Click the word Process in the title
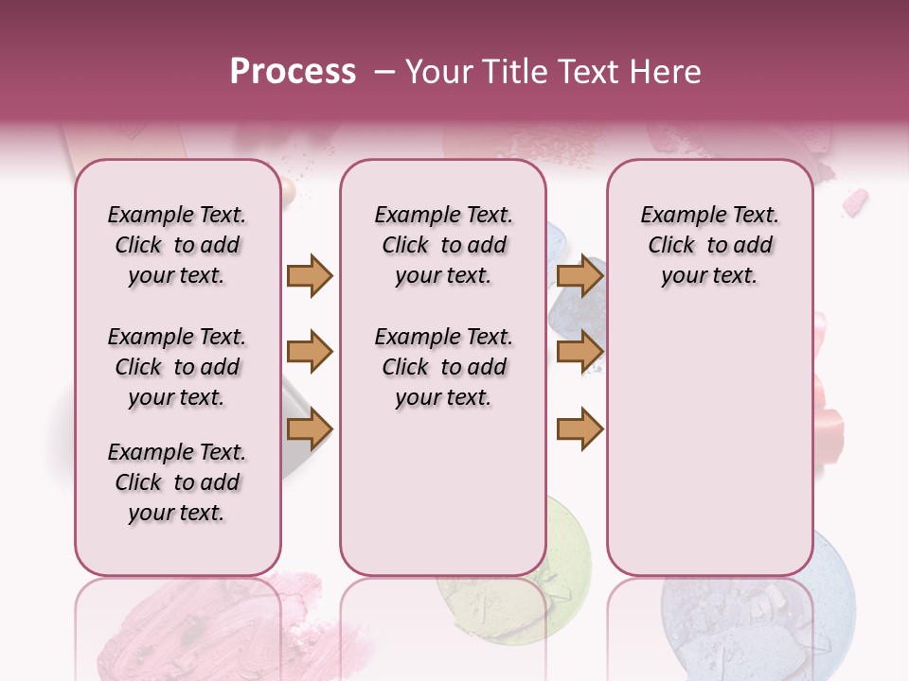293,72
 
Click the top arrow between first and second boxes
310,275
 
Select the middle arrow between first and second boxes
310,352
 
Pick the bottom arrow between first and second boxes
310,429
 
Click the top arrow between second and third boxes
579,275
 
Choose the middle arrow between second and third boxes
579,352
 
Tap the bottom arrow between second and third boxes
579,429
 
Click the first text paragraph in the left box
176,245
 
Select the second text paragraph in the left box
176,367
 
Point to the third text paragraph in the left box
176,482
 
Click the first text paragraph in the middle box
443,245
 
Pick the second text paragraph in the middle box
443,367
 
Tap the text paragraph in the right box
709,245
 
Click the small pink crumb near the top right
855,201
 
